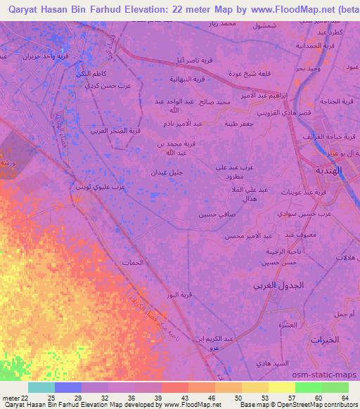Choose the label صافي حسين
point(214,214)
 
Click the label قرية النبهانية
point(187,79)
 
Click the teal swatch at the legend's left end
point(41,387)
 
